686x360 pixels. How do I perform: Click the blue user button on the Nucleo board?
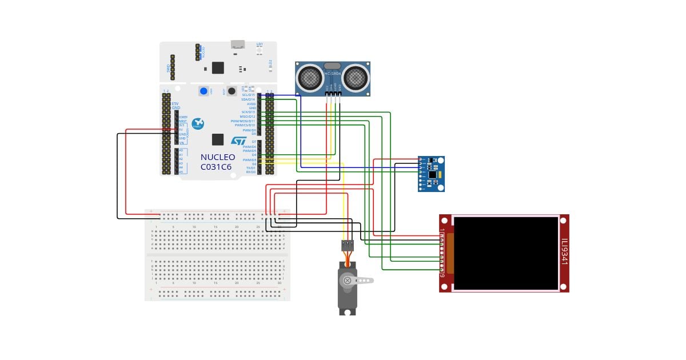204,91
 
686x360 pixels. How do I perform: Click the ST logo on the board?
238,141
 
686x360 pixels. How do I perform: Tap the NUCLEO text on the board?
217,157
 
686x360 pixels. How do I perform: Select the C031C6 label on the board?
216,167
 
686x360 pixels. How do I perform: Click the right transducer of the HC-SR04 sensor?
355,76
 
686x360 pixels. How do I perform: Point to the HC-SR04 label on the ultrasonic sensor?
333,74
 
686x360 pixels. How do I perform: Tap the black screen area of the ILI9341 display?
505,253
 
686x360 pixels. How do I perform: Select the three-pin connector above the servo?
348,245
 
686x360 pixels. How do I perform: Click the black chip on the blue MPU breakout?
433,174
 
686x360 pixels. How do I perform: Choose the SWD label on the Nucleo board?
168,68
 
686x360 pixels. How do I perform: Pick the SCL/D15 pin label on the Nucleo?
249,95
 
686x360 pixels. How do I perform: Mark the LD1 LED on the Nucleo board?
260,45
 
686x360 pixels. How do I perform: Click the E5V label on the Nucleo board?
176,103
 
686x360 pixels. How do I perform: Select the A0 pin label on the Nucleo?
181,150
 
